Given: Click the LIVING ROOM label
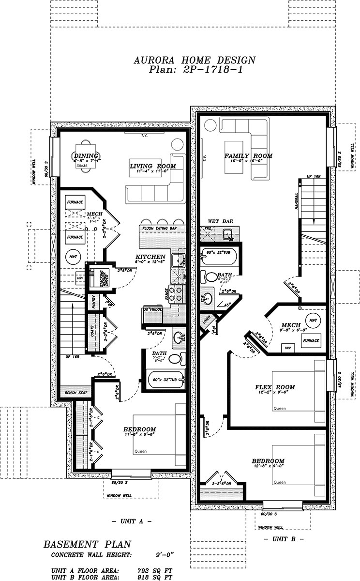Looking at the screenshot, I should [152, 166].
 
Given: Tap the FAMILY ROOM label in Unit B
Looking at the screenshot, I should [248, 156].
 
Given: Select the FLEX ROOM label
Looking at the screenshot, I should [275, 387].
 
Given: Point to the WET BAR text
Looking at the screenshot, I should [221, 221].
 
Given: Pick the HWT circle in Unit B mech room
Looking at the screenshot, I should [312, 321].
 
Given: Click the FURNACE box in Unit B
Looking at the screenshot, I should [311, 341].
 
